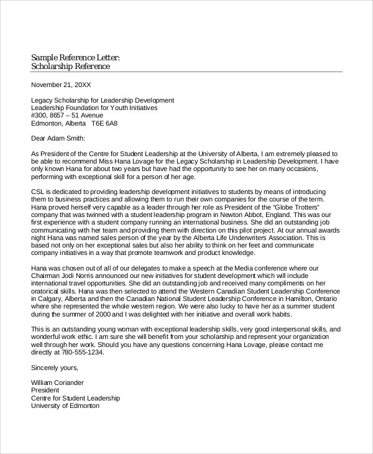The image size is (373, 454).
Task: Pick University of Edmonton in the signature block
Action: pos(65,405)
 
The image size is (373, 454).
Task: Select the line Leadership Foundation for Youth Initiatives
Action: pos(94,107)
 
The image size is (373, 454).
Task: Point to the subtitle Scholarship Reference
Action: pos(70,66)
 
